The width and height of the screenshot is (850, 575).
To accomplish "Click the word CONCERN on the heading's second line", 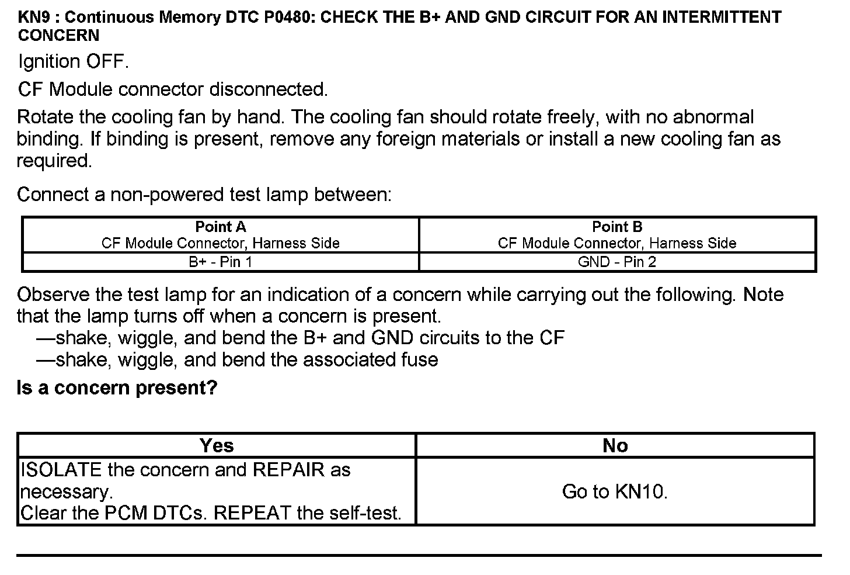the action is (58, 36).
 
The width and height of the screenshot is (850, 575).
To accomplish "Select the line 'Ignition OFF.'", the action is (73, 62).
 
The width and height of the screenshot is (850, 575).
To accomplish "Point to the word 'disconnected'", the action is (268, 89).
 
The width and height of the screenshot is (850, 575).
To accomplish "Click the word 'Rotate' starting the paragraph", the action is (45, 117).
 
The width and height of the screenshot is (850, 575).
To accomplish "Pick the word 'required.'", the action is (54, 161).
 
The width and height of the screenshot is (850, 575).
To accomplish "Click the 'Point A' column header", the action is (220, 227).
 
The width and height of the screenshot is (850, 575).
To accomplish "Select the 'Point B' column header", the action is (616, 227).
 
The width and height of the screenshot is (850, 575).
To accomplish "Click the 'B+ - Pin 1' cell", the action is (220, 262).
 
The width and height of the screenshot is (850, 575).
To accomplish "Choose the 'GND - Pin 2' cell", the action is (616, 262).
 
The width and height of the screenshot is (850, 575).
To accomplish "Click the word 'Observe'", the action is (53, 295).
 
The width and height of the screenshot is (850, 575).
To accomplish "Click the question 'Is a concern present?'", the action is (117, 387).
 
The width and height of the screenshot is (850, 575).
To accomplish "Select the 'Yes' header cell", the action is (217, 446).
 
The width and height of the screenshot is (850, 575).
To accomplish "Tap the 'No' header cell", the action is (615, 446).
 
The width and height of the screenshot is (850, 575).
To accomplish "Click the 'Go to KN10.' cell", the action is (615, 491).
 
